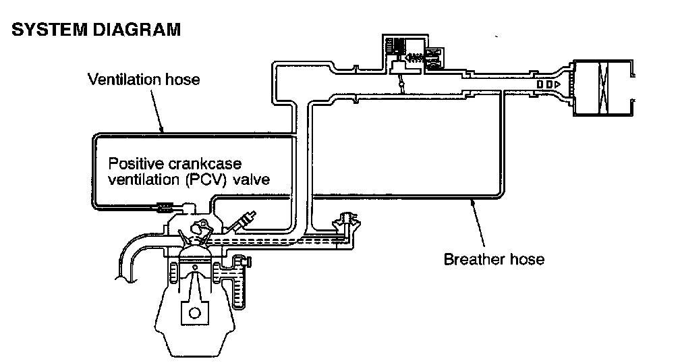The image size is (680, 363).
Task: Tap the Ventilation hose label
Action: pyautogui.click(x=144, y=80)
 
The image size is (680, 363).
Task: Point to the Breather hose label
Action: pyautogui.click(x=494, y=258)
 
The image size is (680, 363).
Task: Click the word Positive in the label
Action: pyautogui.click(x=135, y=164)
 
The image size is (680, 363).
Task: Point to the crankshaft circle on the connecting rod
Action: pyautogui.click(x=194, y=313)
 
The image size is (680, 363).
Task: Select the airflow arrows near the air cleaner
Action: pyautogui.click(x=548, y=84)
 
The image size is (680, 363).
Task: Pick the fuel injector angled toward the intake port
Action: pyautogui.click(x=244, y=221)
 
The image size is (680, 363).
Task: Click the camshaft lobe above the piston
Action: pyautogui.click(x=202, y=229)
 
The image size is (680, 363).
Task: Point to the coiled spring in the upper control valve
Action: pyautogui.click(x=417, y=53)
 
